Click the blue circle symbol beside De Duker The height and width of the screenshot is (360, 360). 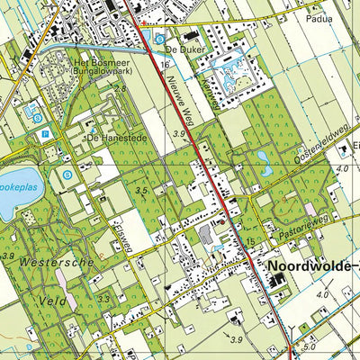(159, 38)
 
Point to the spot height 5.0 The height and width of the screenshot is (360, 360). (310, 345)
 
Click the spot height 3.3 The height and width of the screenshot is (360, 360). (104, 299)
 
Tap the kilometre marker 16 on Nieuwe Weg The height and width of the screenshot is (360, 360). (166, 66)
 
